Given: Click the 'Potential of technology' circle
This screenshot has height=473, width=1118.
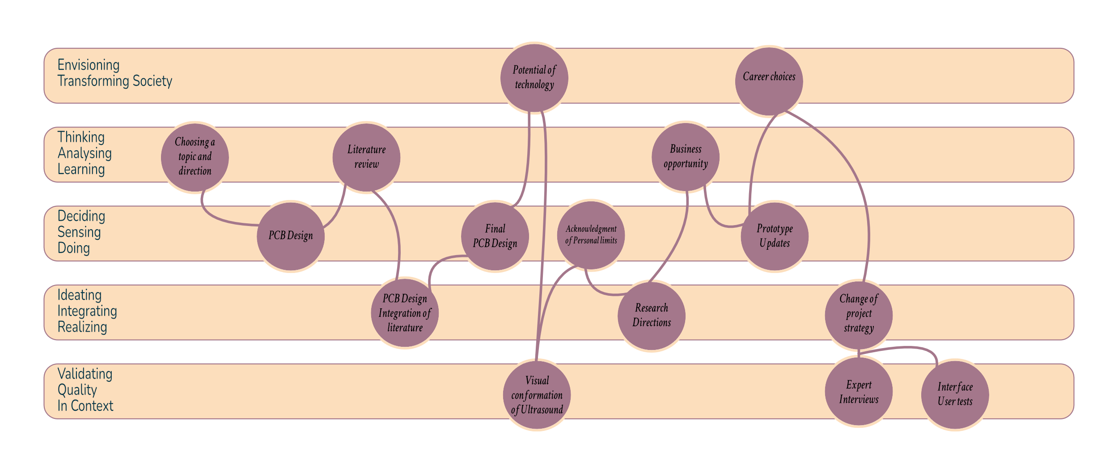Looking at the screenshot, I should coord(534,78).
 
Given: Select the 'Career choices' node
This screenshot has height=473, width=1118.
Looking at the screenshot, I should coord(769,81).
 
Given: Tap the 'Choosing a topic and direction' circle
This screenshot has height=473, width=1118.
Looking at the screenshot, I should coord(195,157).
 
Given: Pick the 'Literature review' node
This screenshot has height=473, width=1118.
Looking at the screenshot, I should coord(366,157).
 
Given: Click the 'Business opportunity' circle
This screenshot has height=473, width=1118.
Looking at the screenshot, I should coord(686,157).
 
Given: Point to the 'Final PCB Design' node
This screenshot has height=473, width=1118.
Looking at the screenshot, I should coord(495,236).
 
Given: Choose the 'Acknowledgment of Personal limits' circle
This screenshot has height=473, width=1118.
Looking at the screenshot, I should coord(591,235).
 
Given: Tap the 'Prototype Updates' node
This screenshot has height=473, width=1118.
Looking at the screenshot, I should coord(775,236).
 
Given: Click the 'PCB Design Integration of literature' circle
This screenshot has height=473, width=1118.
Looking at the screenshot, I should coord(405,313).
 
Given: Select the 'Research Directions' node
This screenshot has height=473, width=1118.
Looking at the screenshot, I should coord(651,315).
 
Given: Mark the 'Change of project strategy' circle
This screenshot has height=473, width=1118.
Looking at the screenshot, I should coord(859,315).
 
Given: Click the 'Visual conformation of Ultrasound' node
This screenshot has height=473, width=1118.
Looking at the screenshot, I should coord(537,395).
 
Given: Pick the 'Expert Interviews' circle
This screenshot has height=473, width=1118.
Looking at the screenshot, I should coord(859,392).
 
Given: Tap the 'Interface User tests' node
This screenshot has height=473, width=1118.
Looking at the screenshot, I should coord(955,395).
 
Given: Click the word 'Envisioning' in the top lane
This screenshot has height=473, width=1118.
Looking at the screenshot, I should coord(89,65).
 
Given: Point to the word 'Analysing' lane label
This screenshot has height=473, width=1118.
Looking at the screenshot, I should coord(85,153).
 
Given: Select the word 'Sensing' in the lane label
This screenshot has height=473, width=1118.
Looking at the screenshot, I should coord(79,232).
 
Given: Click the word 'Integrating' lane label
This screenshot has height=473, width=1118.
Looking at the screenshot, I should coord(87,311).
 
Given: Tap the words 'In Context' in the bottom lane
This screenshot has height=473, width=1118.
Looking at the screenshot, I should coord(85,406).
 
